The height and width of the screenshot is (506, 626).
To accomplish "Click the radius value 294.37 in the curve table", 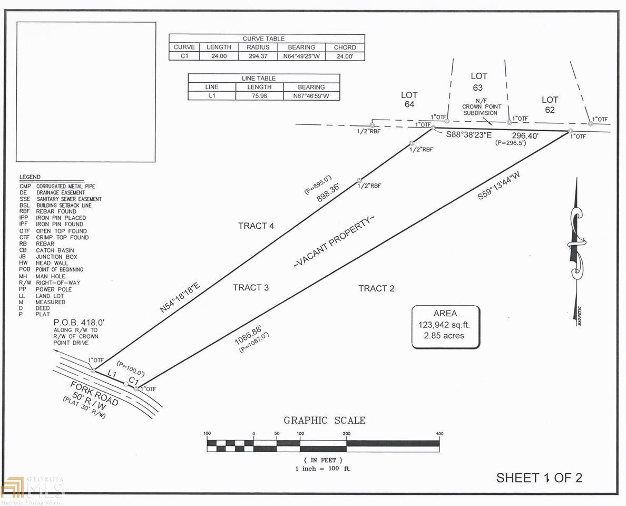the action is click(258, 56).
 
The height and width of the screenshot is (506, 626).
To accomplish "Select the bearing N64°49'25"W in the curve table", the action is click(301, 56).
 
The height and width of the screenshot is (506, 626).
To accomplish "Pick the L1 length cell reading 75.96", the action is click(259, 96).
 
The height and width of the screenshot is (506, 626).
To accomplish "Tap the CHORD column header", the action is click(345, 47).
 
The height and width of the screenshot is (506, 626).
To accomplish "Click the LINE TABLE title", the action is click(259, 79).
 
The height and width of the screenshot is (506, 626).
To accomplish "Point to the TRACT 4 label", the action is click(256, 226).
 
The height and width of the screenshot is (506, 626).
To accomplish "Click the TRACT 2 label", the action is click(376, 288).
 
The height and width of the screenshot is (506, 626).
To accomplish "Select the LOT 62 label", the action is click(550, 105).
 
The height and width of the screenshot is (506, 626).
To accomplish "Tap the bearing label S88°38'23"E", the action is click(468, 135).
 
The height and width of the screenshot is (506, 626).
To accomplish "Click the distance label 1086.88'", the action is click(248, 335).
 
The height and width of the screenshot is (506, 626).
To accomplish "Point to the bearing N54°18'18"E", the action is click(180, 297).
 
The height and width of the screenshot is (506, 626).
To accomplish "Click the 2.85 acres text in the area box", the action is click(444, 335).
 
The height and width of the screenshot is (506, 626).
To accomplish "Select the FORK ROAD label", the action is click(94, 393).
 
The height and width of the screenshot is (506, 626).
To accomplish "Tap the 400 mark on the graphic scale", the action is click(439, 434).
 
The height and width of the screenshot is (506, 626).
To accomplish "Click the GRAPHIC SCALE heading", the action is click(325, 420).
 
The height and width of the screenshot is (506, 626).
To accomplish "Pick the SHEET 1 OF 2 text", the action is click(539, 478).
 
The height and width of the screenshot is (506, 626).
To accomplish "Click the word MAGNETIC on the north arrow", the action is click(579, 316).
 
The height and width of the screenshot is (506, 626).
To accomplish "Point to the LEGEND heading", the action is click(30, 177).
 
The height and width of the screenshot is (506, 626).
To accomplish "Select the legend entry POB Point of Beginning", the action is click(51, 269).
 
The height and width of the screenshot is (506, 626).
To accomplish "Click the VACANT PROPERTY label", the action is click(334, 241).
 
